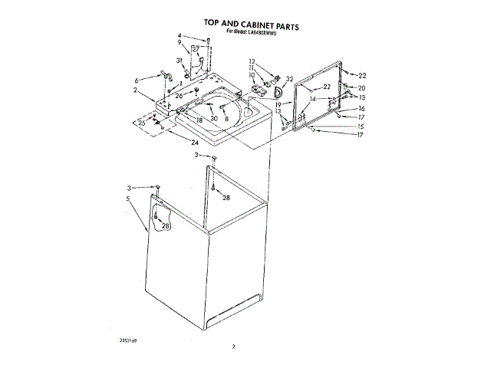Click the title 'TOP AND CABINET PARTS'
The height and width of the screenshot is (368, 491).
[251, 25]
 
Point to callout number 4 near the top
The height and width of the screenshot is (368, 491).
[180, 36]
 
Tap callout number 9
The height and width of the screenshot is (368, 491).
[180, 43]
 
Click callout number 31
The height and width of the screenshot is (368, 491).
[179, 60]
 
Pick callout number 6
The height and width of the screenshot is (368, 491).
[137, 79]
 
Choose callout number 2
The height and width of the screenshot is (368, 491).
[134, 90]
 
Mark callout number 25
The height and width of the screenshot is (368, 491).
[141, 122]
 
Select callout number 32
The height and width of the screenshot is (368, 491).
[289, 79]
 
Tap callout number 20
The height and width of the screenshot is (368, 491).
[362, 88]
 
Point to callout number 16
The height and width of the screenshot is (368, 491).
[362, 108]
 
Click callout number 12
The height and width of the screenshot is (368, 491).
[251, 61]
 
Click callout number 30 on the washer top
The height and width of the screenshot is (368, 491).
[214, 118]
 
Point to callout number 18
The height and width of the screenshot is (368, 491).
[199, 120]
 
